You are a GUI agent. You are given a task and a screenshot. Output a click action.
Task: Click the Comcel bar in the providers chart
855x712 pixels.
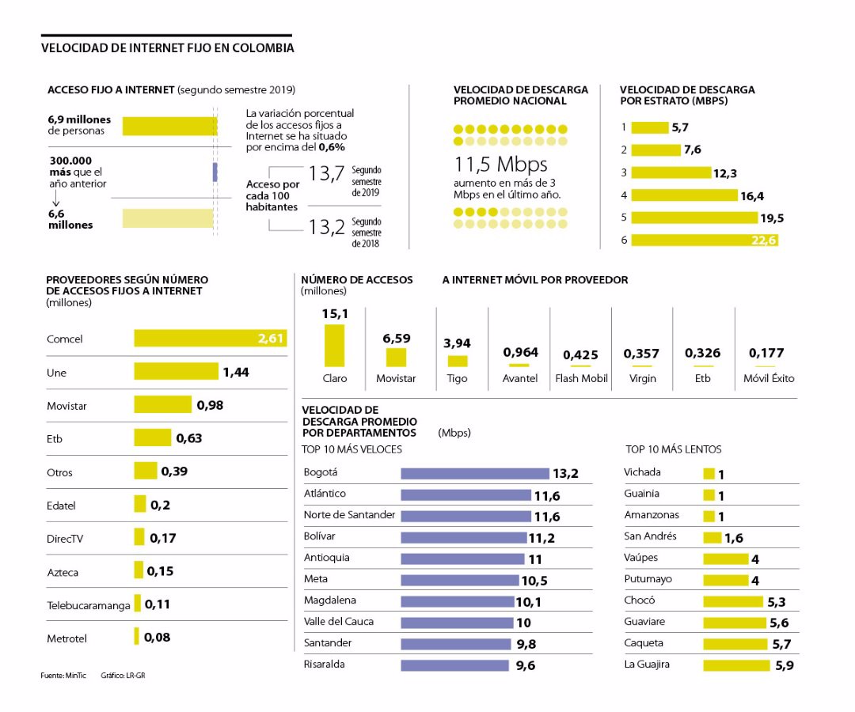point(210,339)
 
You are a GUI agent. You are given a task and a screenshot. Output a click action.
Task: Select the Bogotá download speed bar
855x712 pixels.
point(474,473)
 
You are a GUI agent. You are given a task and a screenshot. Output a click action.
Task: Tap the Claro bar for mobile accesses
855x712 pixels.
point(335,346)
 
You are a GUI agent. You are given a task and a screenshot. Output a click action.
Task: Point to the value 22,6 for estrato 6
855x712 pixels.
point(763,240)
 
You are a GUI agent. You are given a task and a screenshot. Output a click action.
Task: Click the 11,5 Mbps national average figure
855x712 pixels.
point(500,165)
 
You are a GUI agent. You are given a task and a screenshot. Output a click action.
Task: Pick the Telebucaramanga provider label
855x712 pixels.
point(88,605)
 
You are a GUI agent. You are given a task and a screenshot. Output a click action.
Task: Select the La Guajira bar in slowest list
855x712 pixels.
point(736,665)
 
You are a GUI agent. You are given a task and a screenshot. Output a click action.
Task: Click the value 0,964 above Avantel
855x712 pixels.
point(520,353)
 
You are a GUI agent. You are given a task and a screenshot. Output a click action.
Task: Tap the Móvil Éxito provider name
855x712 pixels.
point(769,378)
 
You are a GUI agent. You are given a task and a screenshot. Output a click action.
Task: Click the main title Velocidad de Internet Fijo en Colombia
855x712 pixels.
point(168,48)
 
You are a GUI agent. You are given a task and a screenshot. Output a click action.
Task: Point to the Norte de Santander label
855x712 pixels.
point(349,515)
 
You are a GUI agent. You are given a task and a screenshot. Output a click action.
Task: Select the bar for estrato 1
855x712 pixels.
point(649,127)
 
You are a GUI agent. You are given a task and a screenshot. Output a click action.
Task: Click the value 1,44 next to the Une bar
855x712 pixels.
point(236,372)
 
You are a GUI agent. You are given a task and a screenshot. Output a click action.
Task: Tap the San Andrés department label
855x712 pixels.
point(650,536)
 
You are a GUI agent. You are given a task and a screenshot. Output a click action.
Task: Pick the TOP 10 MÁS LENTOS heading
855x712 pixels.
point(673,449)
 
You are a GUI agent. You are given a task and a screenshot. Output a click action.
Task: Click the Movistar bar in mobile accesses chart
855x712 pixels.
point(396,358)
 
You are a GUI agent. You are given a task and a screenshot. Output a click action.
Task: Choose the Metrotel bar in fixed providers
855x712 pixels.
point(136,636)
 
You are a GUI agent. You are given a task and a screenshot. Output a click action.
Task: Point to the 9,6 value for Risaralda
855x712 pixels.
point(526,666)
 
